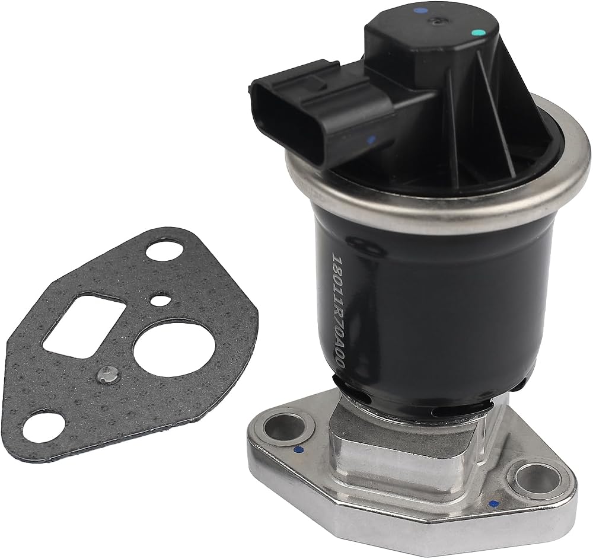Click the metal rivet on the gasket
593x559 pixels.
coord(106,375)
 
